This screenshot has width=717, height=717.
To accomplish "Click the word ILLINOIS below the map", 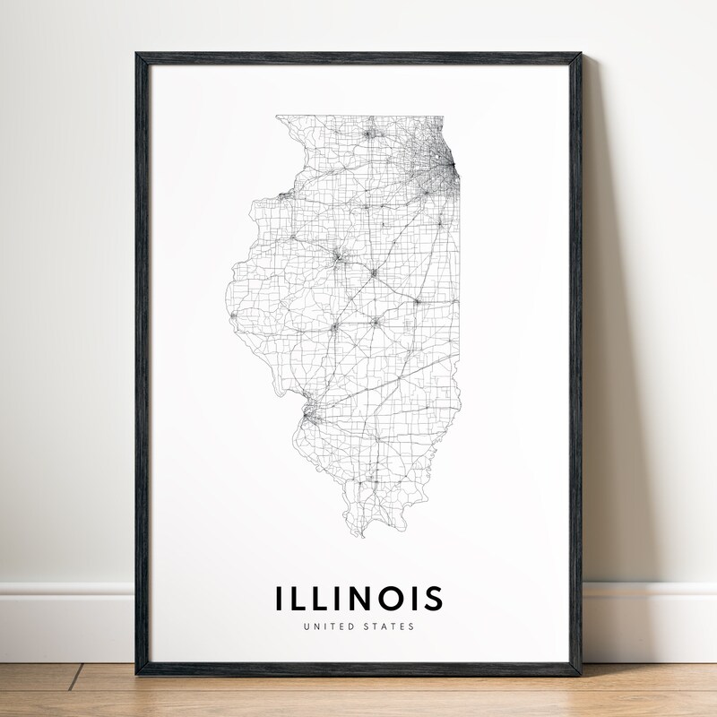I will click(x=358, y=598).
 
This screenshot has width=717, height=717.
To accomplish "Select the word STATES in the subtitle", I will click(x=389, y=626).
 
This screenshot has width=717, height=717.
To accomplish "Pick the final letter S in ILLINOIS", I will click(x=433, y=598).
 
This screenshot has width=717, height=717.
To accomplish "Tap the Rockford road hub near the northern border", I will click(x=368, y=135).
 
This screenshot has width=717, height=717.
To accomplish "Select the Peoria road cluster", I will click(x=338, y=259).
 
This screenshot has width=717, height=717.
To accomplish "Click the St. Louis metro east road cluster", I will click(x=308, y=414).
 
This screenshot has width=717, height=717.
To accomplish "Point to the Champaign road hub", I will click(x=416, y=302).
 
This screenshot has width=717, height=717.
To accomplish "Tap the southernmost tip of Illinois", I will click(x=361, y=536).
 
